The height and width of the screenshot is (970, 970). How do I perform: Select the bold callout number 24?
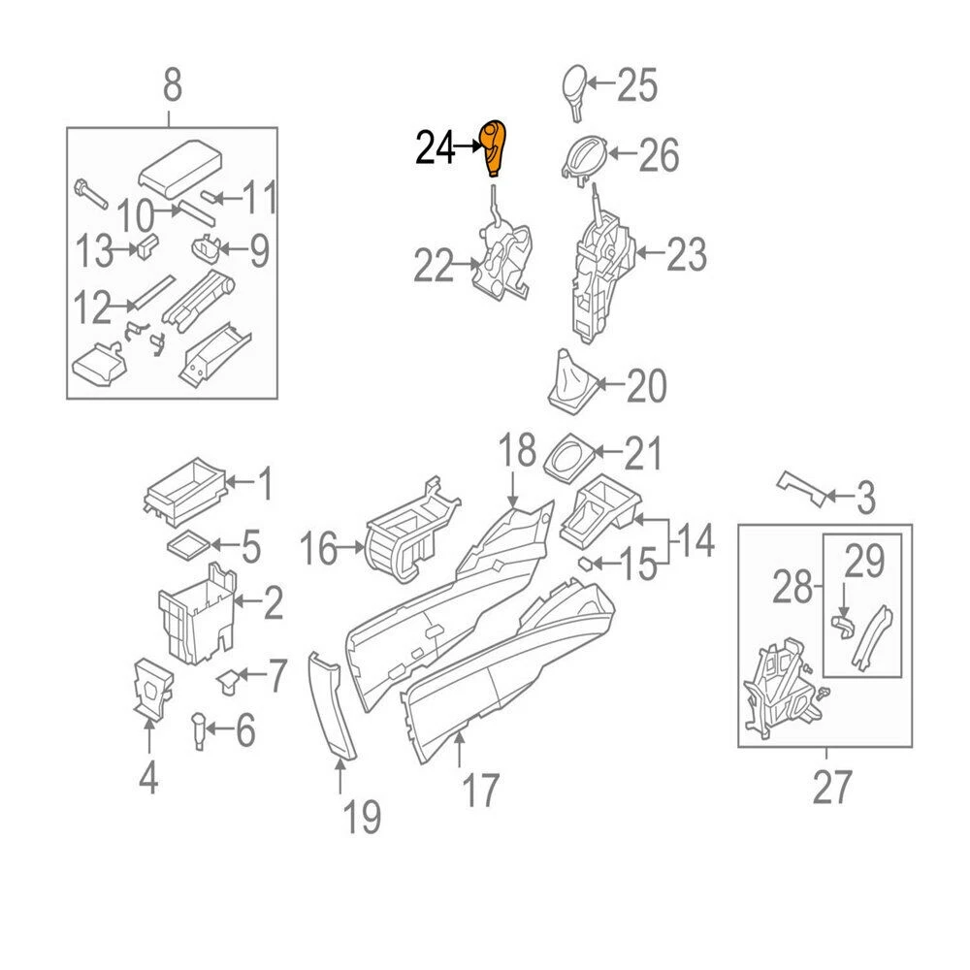(x=436, y=148)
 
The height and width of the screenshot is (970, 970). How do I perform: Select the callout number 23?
(x=686, y=256)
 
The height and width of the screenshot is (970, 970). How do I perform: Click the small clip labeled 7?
(x=229, y=680)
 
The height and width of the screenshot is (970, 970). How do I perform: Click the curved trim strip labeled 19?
(x=333, y=705)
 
